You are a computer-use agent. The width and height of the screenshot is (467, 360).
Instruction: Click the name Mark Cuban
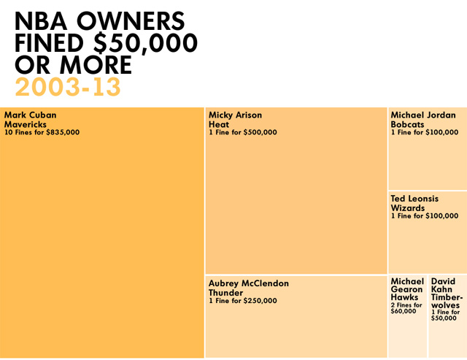click(x=30, y=115)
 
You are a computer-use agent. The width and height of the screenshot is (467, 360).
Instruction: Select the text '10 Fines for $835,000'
click(x=42, y=132)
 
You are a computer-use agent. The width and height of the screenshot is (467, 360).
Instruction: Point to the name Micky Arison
click(x=235, y=115)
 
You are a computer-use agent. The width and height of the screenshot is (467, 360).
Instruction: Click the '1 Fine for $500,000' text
click(x=242, y=132)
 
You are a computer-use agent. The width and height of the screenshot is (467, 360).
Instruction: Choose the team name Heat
click(x=219, y=123)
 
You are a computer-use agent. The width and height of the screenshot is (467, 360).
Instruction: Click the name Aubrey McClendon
click(x=249, y=283)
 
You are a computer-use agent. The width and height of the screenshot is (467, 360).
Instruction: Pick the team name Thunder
click(x=225, y=292)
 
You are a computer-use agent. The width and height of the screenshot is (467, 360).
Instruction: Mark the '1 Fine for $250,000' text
click(x=242, y=301)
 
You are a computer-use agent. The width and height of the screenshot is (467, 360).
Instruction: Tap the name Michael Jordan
click(x=423, y=115)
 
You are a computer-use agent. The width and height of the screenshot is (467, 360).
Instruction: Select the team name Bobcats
click(x=407, y=123)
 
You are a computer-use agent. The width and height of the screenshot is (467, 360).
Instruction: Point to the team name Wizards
click(x=408, y=207)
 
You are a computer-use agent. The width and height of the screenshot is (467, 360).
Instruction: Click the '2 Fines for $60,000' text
click(x=406, y=308)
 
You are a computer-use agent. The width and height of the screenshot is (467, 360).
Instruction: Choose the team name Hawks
click(x=405, y=298)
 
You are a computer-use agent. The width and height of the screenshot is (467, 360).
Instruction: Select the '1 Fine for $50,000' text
click(x=445, y=315)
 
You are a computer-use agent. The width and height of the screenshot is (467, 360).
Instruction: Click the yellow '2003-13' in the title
click(x=67, y=87)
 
